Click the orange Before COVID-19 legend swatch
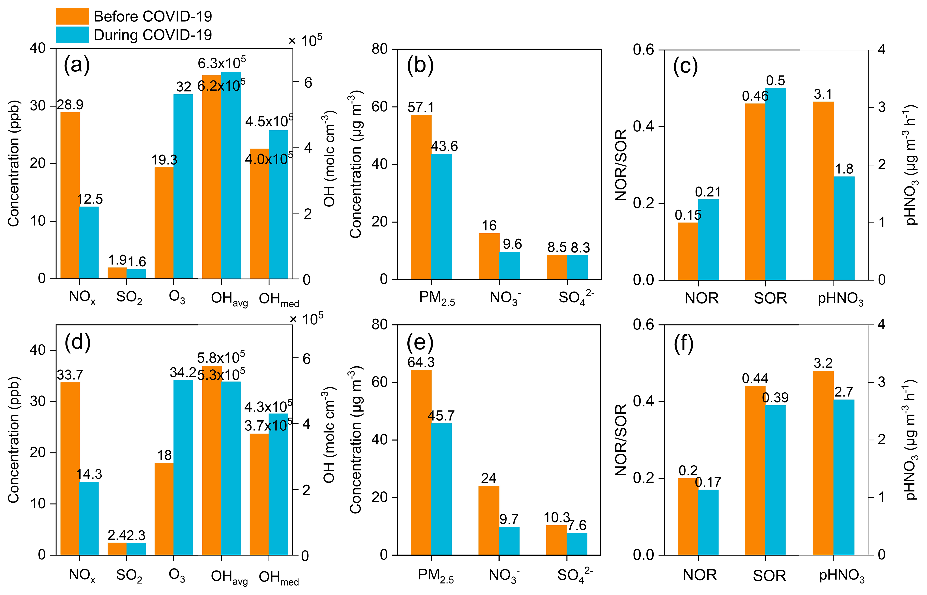click(72, 16)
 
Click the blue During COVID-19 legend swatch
click(72, 35)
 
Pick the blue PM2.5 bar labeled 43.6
click(442, 216)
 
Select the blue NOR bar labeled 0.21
click(708, 239)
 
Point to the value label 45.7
click(441, 416)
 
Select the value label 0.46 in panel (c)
click(755, 96)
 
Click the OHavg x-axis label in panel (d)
click(229, 577)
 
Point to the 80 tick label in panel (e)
click(380, 325)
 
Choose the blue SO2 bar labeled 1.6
click(136, 273)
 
